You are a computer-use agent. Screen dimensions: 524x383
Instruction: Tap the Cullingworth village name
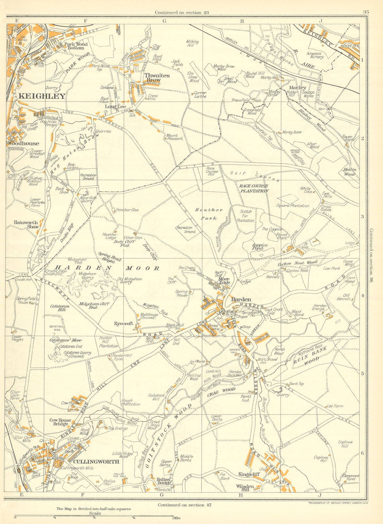tap(96, 461)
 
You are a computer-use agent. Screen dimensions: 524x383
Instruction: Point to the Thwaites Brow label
tap(157, 78)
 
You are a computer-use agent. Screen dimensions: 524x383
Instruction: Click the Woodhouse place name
tap(24, 143)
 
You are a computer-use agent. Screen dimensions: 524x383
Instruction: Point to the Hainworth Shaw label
tap(26, 224)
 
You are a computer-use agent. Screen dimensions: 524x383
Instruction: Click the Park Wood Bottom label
tap(76, 46)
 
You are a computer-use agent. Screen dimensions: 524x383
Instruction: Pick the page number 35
tap(366, 12)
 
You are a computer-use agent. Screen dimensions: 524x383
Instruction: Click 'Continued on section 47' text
tap(185, 505)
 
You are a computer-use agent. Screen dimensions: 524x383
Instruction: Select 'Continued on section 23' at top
tap(182, 12)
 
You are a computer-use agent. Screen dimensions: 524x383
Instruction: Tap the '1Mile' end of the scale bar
tap(177, 518)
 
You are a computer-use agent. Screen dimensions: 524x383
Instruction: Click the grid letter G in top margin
tap(164, 21)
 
